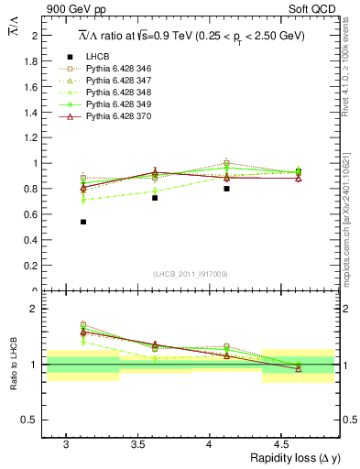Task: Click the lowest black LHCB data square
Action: click(83, 222)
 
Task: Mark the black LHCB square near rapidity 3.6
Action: click(155, 198)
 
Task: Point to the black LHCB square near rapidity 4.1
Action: click(226, 189)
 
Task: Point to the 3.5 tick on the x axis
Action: click(138, 444)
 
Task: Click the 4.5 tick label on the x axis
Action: click(282, 444)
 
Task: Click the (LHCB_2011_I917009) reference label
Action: click(191, 273)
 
